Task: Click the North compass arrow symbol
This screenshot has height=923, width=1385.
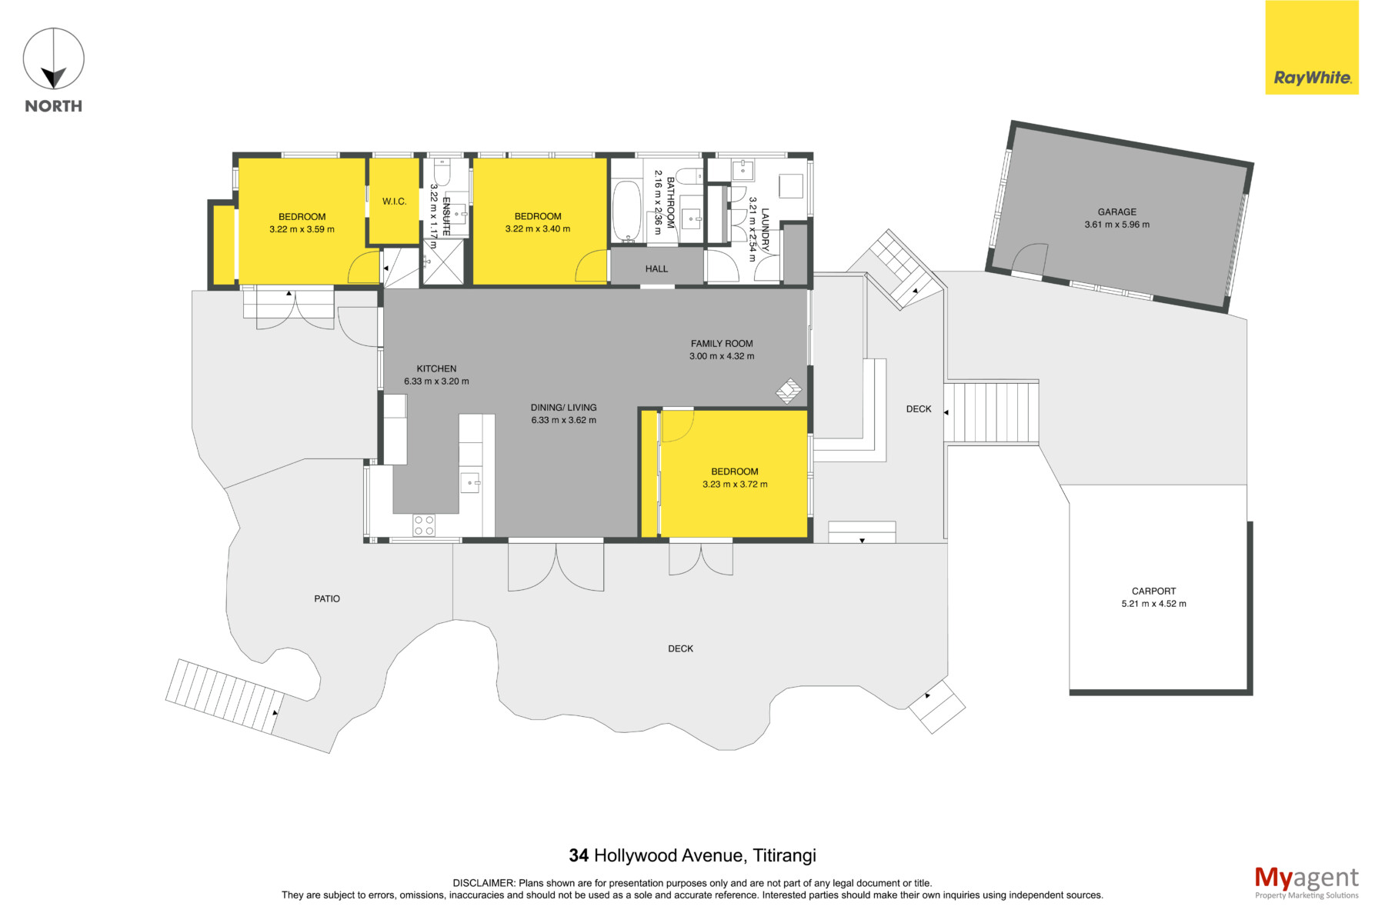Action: (53, 59)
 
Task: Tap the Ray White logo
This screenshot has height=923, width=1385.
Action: (1312, 48)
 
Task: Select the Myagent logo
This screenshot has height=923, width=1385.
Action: (1307, 882)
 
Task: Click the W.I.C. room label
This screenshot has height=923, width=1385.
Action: (395, 202)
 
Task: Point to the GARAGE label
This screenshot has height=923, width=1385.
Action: (1117, 212)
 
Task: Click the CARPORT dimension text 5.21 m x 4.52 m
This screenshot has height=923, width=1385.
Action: (1154, 604)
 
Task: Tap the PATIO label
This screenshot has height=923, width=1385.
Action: (327, 598)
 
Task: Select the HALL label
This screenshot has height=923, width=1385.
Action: (657, 268)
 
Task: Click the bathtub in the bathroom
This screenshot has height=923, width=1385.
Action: (626, 212)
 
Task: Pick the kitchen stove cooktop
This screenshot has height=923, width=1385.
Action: (424, 525)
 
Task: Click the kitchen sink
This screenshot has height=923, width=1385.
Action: (470, 483)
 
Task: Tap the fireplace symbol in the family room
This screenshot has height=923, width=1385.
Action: (789, 391)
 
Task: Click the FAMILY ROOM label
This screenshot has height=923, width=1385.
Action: (722, 344)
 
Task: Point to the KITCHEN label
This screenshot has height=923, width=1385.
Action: (436, 369)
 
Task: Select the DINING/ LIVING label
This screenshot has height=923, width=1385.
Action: (564, 408)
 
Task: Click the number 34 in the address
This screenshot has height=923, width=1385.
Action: (579, 855)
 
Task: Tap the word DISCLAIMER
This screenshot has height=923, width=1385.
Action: (484, 883)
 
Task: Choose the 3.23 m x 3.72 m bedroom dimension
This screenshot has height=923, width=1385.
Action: (735, 485)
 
